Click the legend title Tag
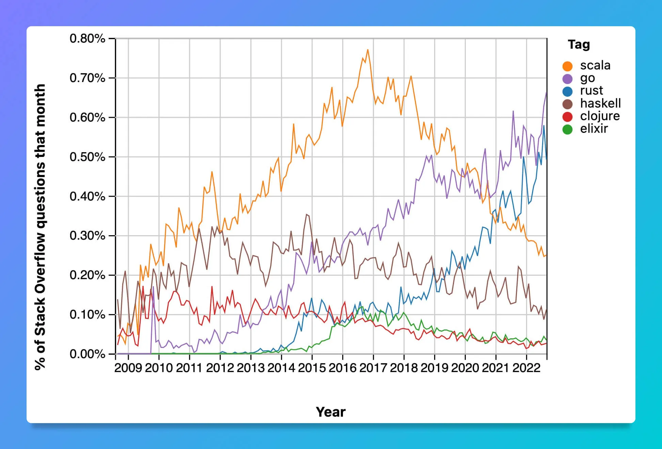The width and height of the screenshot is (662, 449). (579, 45)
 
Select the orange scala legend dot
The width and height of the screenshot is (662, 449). (567, 66)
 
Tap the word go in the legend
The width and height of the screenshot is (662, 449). (587, 78)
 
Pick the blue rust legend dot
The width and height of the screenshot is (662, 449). (567, 91)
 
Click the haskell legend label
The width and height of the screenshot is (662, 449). (600, 103)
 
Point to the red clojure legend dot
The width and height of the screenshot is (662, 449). (567, 117)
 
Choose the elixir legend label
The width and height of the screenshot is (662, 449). (594, 129)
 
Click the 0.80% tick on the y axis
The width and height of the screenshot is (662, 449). (87, 38)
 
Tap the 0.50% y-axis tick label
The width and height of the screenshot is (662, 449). (87, 157)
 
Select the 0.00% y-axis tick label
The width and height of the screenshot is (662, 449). (87, 354)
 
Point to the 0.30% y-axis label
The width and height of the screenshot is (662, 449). (87, 236)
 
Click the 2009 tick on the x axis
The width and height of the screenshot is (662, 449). (128, 368)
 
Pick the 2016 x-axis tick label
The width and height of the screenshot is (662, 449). (342, 368)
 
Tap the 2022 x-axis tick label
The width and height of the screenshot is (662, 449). (526, 368)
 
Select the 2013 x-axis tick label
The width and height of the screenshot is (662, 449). (251, 368)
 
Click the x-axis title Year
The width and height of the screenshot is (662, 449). (330, 412)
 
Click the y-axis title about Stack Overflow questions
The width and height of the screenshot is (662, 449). (40, 227)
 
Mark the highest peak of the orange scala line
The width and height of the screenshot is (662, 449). (367, 50)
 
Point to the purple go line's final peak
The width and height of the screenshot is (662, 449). (546, 92)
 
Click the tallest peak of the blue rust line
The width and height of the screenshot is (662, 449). (544, 126)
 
